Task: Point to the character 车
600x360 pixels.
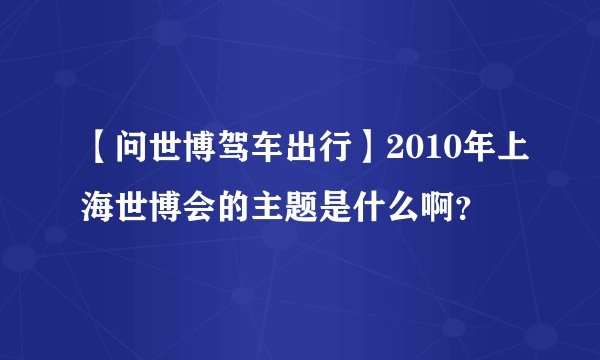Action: pos(259,154)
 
